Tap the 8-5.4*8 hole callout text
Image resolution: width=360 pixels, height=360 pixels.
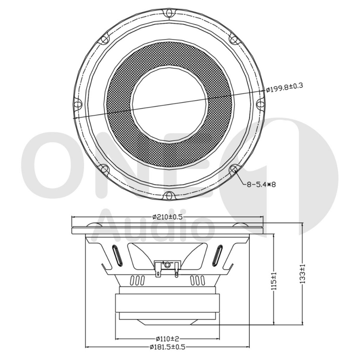[x=261, y=184]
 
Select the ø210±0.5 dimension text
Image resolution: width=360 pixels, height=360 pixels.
[x=167, y=217]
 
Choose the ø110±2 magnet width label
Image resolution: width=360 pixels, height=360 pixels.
[x=167, y=339]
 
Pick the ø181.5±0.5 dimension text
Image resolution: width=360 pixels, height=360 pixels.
[x=167, y=347]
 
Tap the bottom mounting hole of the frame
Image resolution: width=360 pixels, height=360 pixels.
[x=169, y=195]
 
